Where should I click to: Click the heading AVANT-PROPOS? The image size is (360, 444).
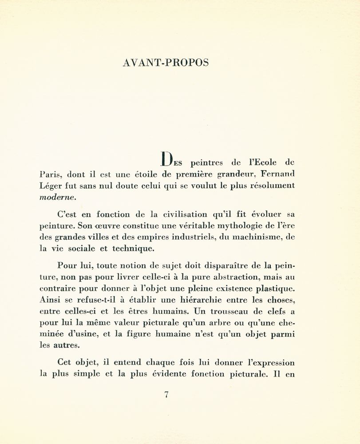(165, 62)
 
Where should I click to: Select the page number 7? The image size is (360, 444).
(166, 395)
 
